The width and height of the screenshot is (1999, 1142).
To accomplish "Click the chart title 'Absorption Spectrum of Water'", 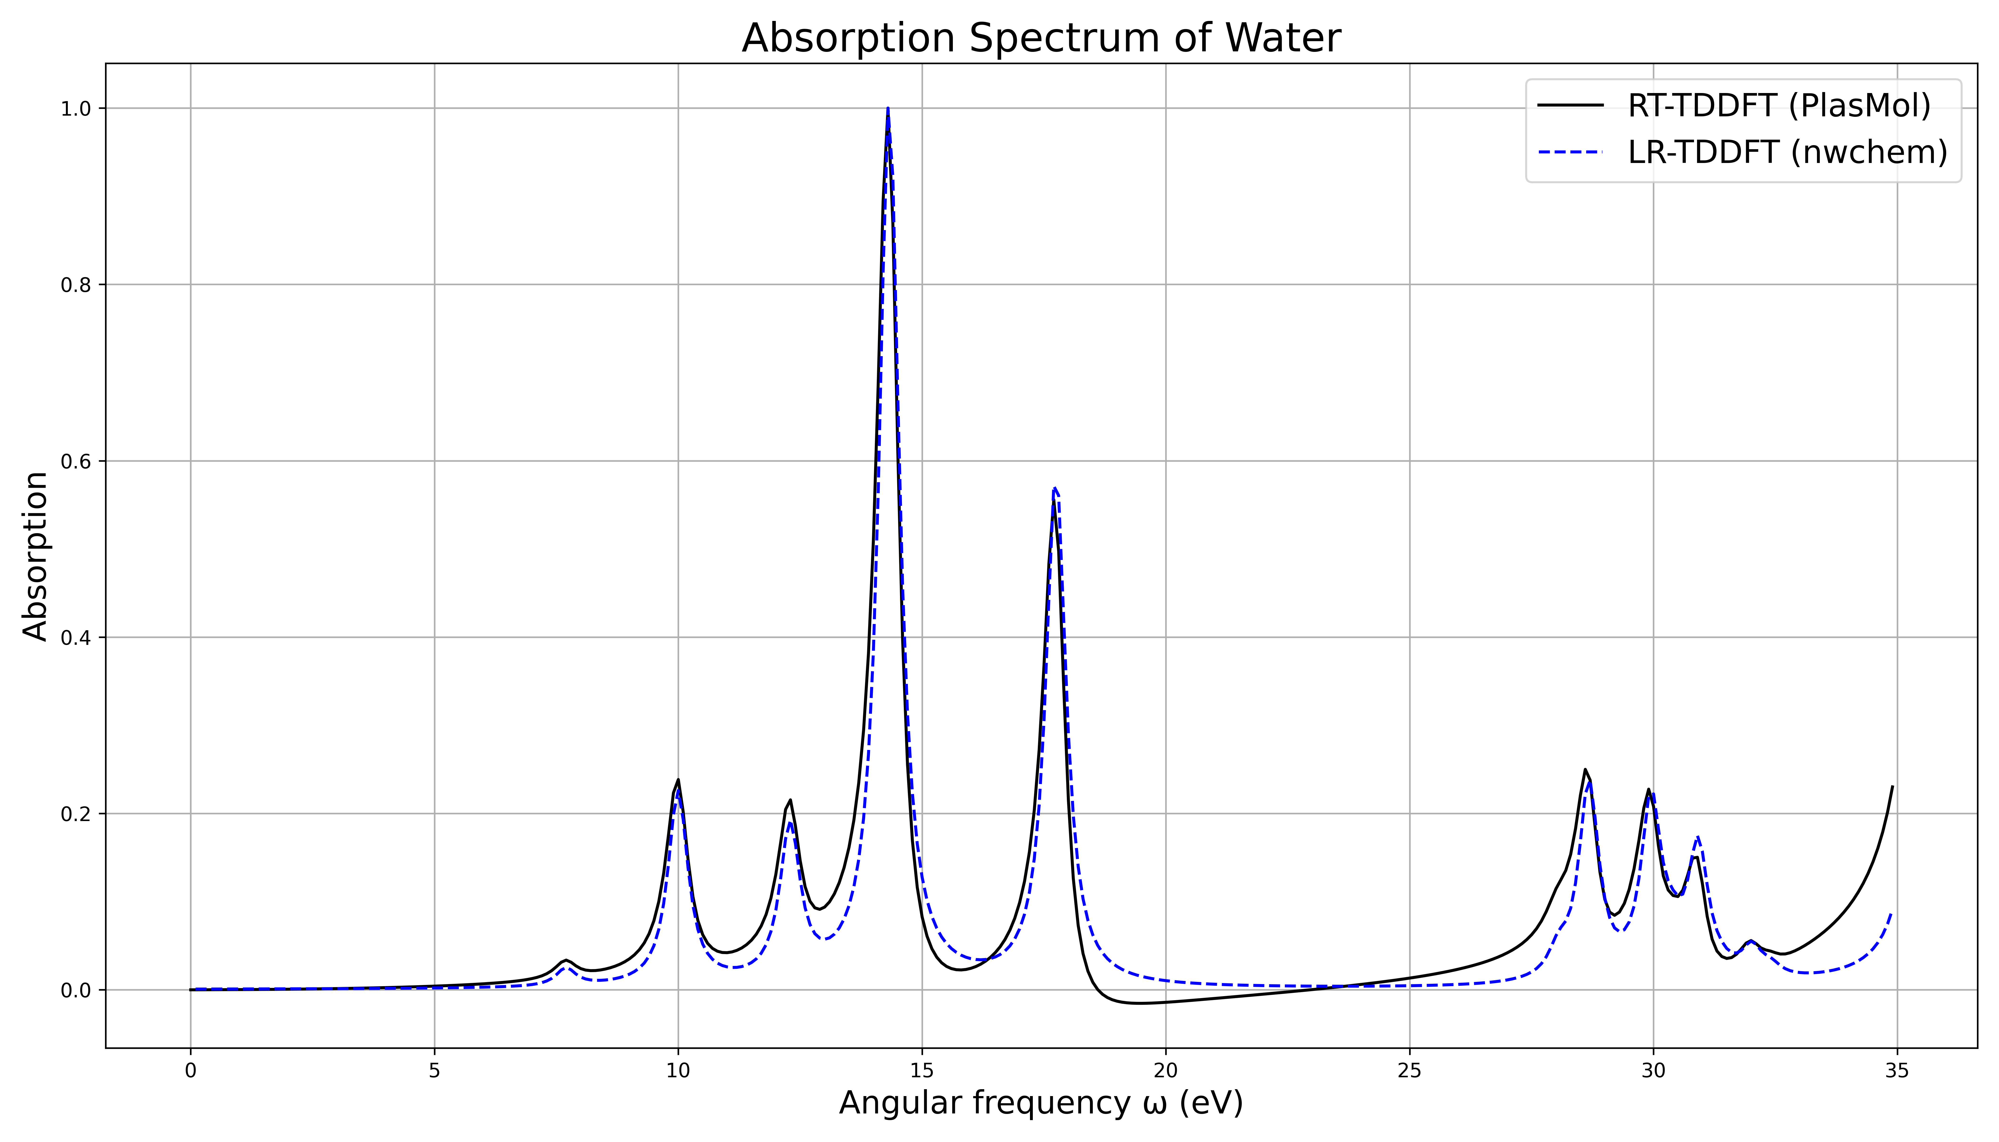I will coord(1041,39).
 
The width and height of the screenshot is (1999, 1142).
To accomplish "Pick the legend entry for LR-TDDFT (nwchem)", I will coord(1786,152).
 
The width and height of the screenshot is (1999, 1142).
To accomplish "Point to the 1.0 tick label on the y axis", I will coord(76,109).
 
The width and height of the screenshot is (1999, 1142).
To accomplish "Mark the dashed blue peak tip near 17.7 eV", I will coord(1055,488).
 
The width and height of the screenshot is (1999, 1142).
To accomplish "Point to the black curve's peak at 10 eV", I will coord(678,780).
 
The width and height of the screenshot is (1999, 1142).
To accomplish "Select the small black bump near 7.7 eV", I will coord(566,960).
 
